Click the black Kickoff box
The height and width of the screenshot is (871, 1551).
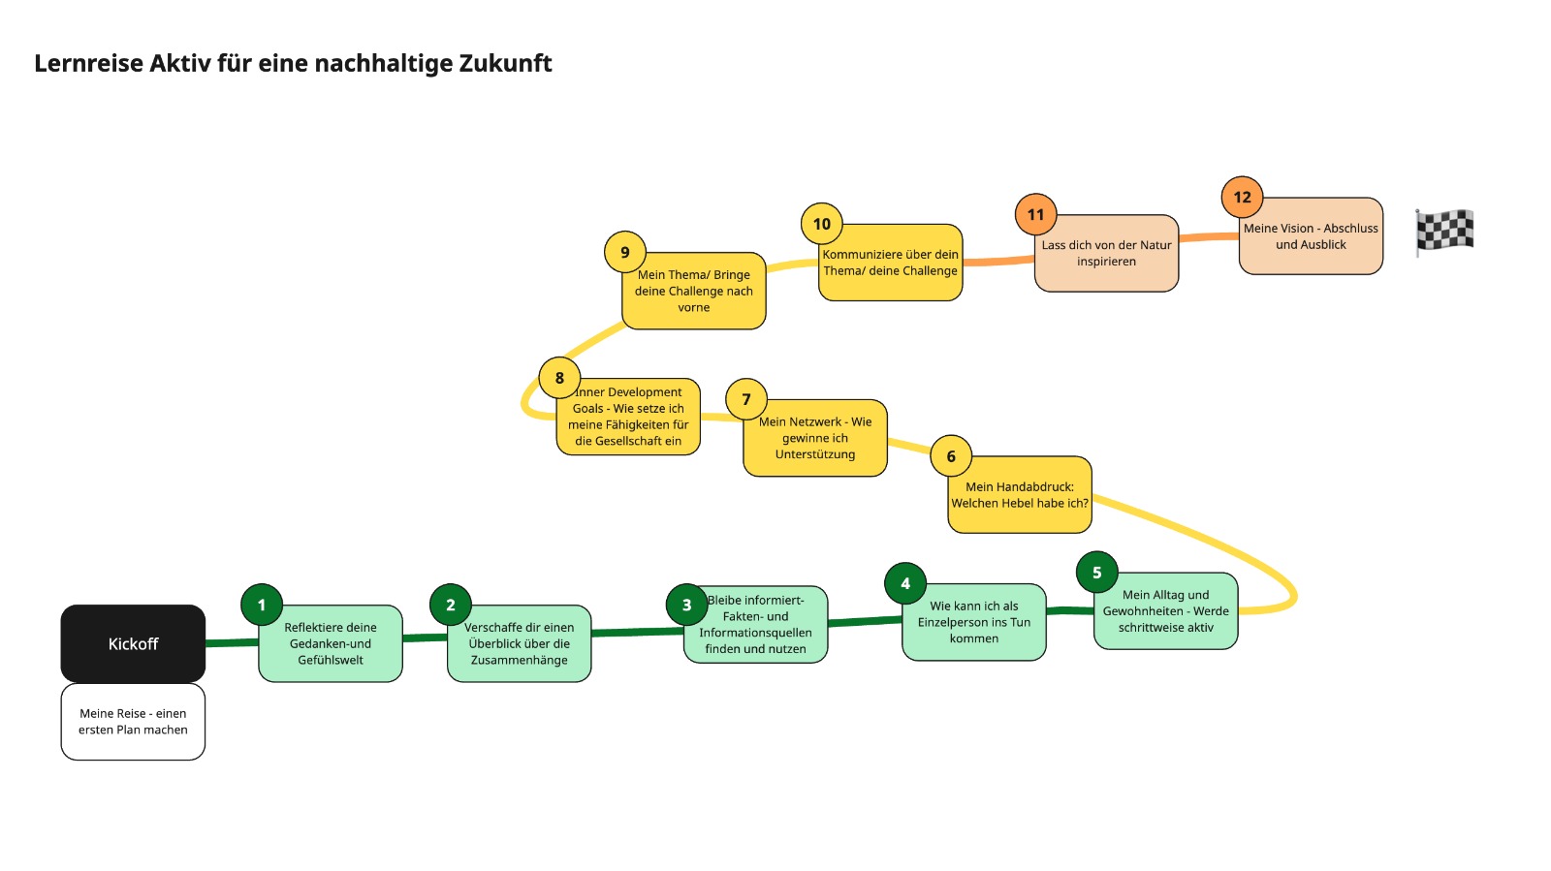[133, 643]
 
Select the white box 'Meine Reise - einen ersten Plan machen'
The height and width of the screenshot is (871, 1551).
[133, 722]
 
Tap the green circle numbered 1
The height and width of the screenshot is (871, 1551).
[262, 605]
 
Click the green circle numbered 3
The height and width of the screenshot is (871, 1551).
[687, 605]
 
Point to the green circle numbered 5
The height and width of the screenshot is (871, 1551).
[1096, 573]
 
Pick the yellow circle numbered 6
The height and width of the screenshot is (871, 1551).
[951, 456]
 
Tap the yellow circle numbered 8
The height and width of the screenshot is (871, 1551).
[559, 378]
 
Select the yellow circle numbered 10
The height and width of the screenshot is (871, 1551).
[821, 224]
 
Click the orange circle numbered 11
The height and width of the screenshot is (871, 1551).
[1035, 214]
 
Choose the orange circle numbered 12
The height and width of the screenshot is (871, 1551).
[1242, 198]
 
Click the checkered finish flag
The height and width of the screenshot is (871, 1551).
[1444, 233]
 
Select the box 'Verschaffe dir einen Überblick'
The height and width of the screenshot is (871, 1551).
[520, 643]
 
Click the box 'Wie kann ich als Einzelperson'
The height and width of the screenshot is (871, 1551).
[973, 622]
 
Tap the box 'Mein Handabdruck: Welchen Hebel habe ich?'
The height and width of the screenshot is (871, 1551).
[1019, 495]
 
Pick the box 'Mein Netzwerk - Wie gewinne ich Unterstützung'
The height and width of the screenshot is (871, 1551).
[815, 438]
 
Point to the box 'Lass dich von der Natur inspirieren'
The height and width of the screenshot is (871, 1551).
[1106, 253]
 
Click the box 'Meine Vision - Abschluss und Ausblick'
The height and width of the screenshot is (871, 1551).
[1311, 235]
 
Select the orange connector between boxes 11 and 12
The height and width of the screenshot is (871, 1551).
[1209, 237]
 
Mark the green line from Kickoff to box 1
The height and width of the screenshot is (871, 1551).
[232, 642]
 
